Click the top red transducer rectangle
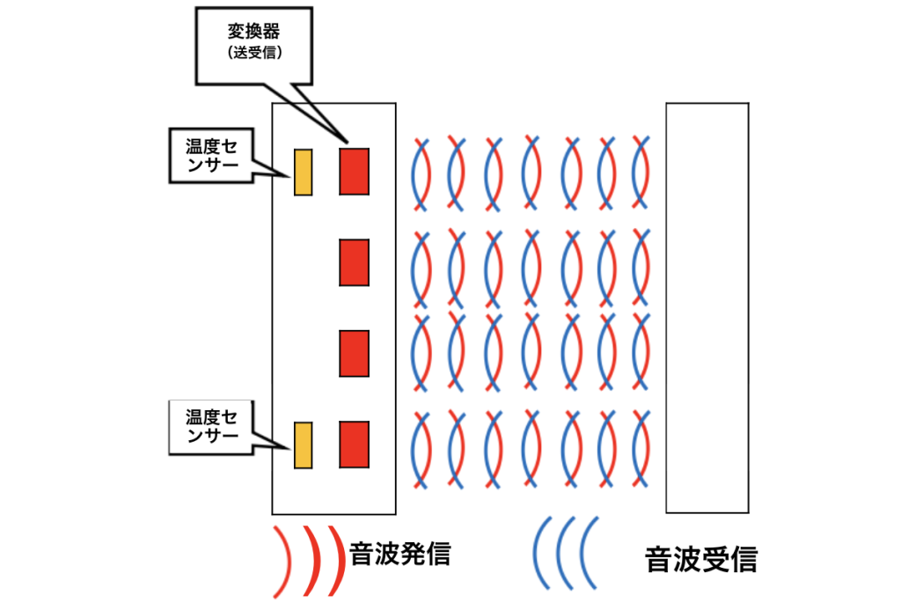click(x=354, y=171)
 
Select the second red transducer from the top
click(x=354, y=262)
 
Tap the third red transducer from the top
click(x=354, y=353)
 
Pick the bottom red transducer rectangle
click(x=354, y=445)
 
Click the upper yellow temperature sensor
click(x=303, y=171)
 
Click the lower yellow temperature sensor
click(x=303, y=445)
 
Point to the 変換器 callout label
click(x=253, y=31)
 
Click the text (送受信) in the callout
click(x=253, y=53)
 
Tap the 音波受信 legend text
click(x=700, y=558)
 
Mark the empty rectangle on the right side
click(x=707, y=307)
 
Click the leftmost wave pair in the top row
click(x=421, y=173)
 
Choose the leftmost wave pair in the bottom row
click(x=421, y=450)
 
